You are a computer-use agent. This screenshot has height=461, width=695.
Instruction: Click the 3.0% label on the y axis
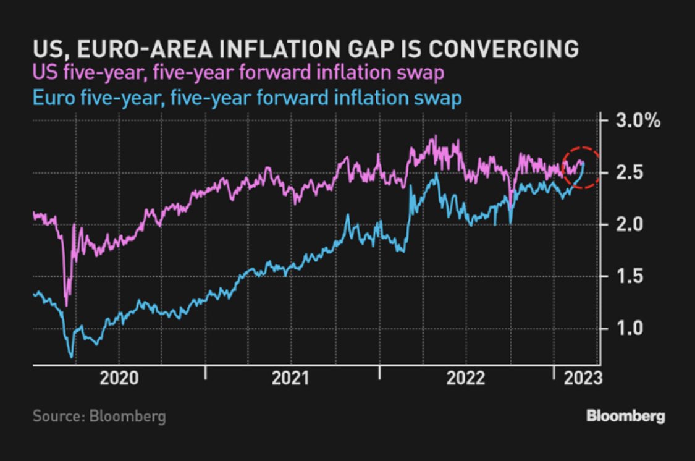pos(636,121)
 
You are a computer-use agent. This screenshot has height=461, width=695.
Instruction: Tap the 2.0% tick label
pos(636,224)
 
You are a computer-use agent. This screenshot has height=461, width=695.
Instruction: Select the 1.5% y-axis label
pos(636,276)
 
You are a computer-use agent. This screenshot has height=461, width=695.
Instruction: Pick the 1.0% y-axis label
pos(636,328)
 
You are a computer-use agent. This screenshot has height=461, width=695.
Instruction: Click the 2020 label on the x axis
pos(119,379)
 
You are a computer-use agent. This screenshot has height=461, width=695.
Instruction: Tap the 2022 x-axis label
pos(466,379)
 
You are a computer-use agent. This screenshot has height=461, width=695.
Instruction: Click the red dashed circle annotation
pos(582,167)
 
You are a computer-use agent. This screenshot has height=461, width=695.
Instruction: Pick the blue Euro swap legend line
pos(247,98)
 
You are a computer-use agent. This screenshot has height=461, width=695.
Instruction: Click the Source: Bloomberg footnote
pos(99,416)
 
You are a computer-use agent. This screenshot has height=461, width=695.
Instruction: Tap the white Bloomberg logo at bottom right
pos(625,416)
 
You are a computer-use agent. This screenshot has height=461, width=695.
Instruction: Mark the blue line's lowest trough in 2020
pos(71,356)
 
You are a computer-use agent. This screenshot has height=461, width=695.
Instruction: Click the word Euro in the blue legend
pos(53,98)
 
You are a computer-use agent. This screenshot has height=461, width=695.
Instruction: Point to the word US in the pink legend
pos(43,74)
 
